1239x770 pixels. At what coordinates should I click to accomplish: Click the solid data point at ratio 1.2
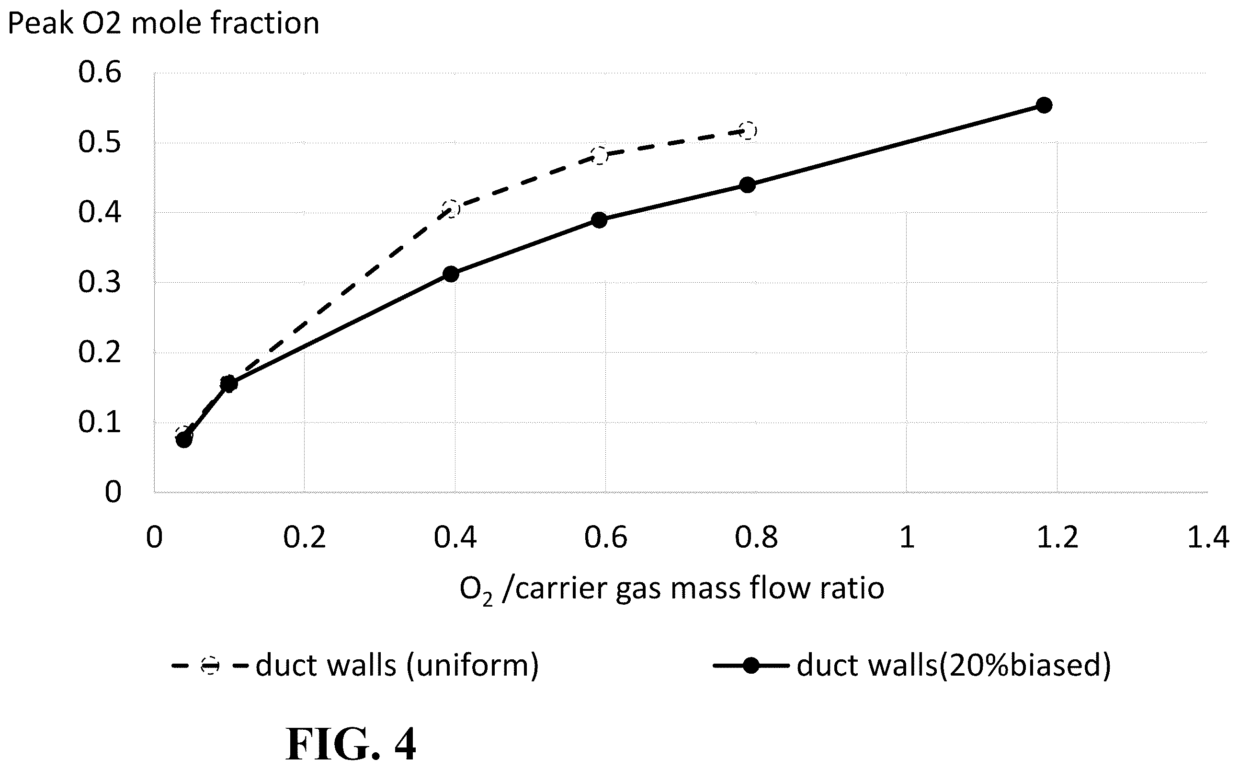[x=1044, y=105]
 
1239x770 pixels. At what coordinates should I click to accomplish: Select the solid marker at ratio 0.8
[x=747, y=184]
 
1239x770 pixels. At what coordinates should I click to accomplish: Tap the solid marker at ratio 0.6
[x=600, y=220]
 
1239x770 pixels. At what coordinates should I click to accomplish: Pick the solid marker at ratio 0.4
[x=451, y=274]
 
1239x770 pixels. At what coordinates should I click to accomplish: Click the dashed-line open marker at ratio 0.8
[x=748, y=131]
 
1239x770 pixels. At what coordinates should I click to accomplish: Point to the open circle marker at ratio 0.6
[x=600, y=155]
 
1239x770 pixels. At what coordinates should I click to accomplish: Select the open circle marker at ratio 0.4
[x=451, y=209]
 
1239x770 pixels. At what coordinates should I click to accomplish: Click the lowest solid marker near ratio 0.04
[x=184, y=439]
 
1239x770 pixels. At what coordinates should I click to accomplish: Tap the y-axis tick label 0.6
[x=100, y=72]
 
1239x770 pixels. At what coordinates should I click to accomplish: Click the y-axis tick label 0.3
[x=100, y=282]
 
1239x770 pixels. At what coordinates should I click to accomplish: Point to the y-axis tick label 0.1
[x=100, y=422]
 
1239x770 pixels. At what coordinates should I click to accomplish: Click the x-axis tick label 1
[x=907, y=538]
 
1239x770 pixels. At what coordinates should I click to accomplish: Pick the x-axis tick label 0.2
[x=305, y=538]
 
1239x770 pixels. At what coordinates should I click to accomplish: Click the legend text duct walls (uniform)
[x=397, y=665]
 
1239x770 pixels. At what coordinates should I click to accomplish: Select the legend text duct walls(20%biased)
[x=954, y=665]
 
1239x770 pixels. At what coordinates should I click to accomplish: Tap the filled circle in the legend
[x=751, y=665]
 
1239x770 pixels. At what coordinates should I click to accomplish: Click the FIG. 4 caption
[x=351, y=744]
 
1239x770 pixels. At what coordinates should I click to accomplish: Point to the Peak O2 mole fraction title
[x=163, y=23]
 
